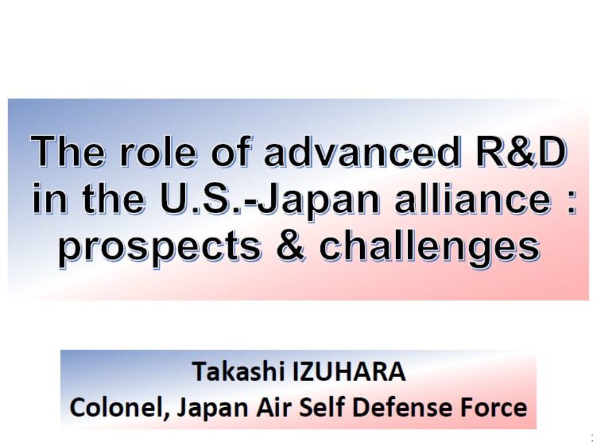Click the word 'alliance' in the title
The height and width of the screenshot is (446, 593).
(x=473, y=198)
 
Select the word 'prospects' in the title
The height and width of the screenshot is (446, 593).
(x=159, y=248)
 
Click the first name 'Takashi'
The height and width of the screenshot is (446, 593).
(x=239, y=371)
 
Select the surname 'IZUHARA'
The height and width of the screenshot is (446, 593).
(x=349, y=371)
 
